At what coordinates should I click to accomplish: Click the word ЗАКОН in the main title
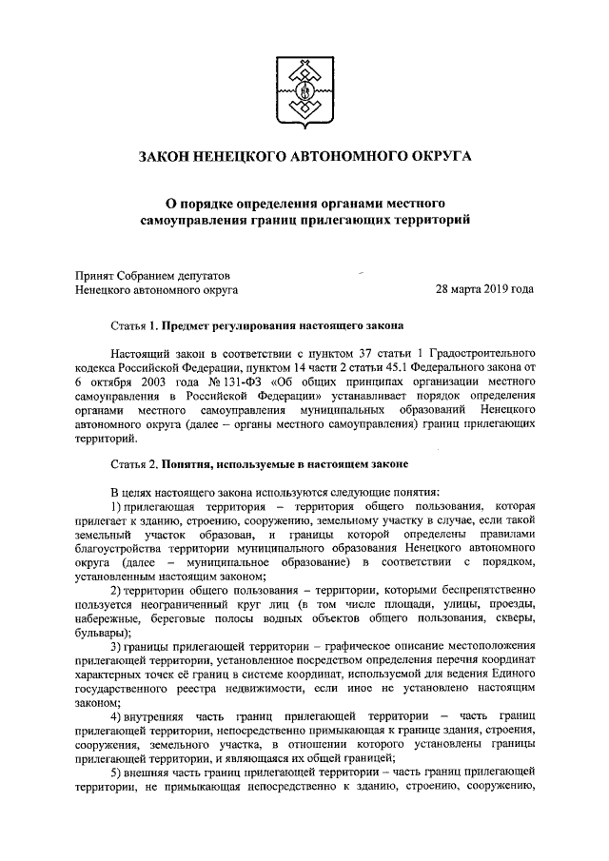168,156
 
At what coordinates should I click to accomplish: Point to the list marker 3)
117,649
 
